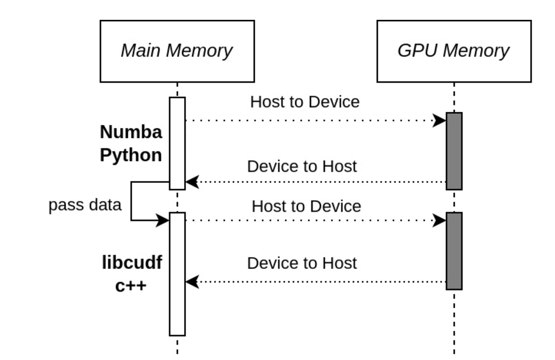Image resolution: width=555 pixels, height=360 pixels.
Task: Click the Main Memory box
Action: tap(177, 51)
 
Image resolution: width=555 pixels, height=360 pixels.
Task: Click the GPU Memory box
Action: tap(454, 51)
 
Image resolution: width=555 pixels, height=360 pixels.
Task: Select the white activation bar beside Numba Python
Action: tap(177, 143)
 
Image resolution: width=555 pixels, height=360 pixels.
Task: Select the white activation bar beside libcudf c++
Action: tap(177, 274)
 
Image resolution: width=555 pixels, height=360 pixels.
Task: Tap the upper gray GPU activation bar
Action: tap(454, 151)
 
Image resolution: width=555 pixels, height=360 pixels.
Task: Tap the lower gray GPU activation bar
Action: tap(454, 251)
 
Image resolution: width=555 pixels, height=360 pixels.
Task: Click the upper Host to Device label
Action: tap(305, 102)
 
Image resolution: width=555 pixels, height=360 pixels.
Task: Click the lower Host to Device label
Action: tap(307, 206)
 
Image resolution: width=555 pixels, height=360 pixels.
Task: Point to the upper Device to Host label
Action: tap(302, 166)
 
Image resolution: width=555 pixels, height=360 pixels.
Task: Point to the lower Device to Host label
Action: tap(302, 263)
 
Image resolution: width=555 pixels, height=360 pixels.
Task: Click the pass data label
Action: tap(85, 205)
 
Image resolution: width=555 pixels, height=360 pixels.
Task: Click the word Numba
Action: tap(131, 132)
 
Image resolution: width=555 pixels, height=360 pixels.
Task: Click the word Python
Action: tap(131, 155)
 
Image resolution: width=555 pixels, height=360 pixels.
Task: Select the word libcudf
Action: tap(132, 262)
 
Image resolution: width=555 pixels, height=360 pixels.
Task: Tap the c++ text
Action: tap(131, 286)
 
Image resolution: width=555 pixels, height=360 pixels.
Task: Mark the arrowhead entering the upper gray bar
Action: tap(439, 120)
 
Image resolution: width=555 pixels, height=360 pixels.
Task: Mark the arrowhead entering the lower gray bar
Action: tap(439, 220)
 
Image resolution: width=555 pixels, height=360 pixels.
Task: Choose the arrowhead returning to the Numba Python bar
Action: tap(192, 182)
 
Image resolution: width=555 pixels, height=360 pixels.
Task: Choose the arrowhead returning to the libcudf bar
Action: tap(192, 282)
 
